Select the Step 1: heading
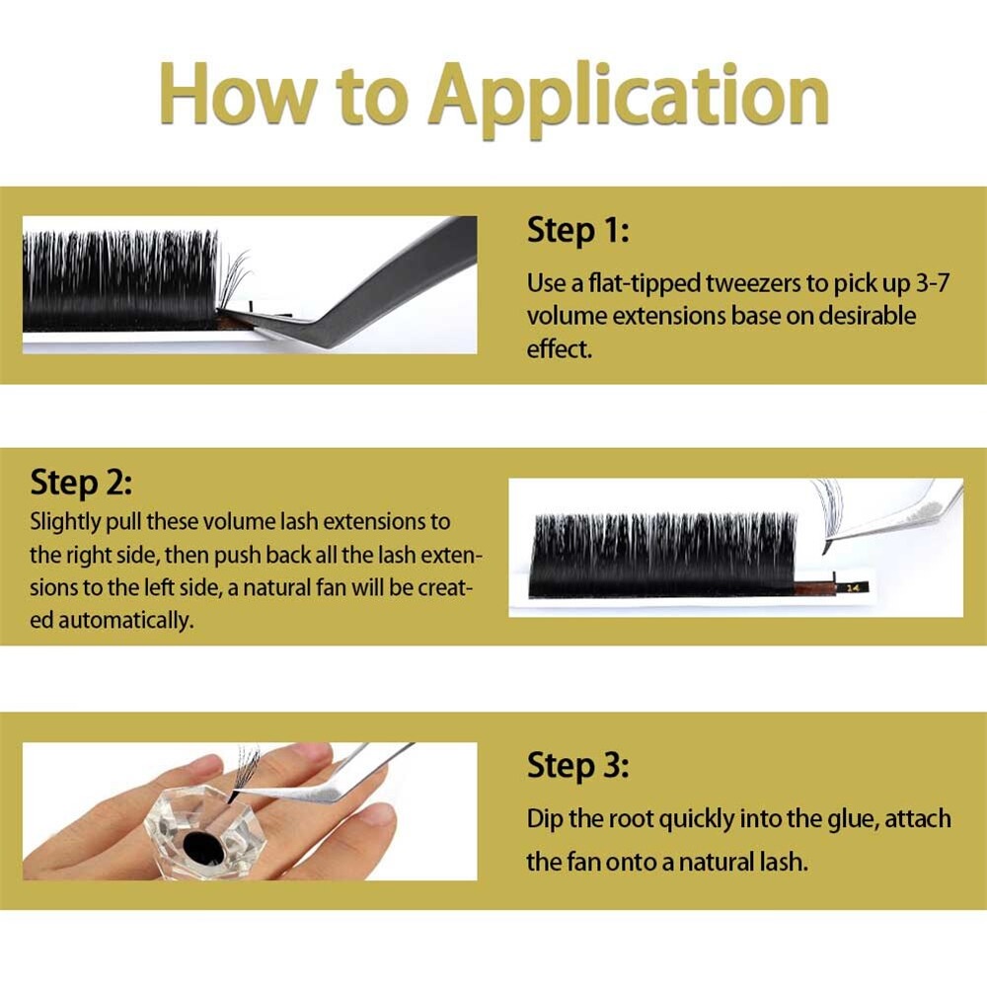point(577,230)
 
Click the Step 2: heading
point(81,483)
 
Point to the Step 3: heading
point(577,766)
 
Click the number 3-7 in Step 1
point(932,284)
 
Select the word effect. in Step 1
point(560,348)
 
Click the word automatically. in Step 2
point(126,621)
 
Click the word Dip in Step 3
point(545,819)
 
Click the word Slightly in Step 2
point(65,522)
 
